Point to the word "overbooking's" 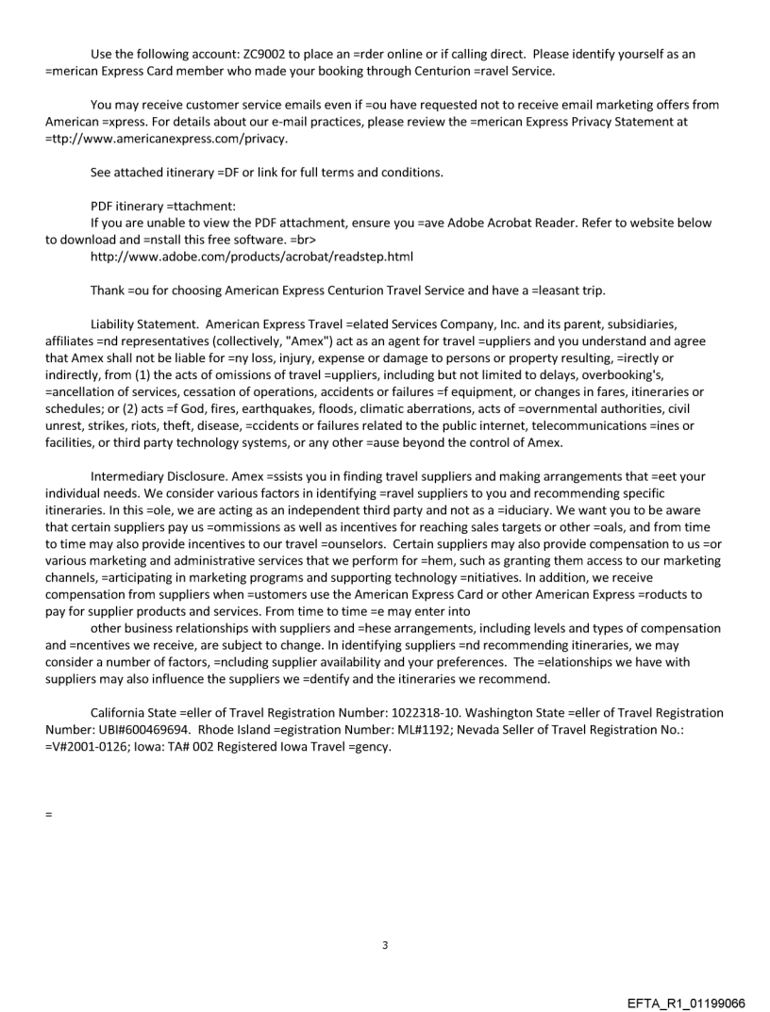pos(563,373)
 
